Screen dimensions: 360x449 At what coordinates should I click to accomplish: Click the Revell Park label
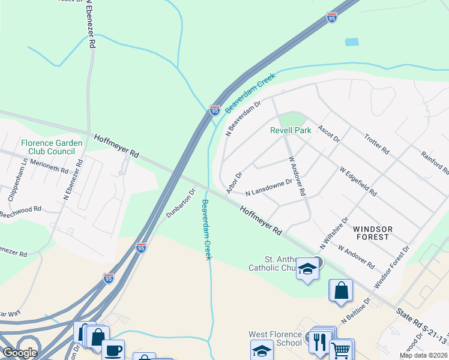(x=291, y=130)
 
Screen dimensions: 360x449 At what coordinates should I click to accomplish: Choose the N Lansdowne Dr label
(x=269, y=187)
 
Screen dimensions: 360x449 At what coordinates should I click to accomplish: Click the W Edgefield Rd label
(x=358, y=182)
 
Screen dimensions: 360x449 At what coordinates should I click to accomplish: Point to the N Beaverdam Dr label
(x=243, y=119)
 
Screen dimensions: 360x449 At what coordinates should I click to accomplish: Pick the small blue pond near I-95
(x=352, y=42)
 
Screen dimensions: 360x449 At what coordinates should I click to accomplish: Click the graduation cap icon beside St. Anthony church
(x=307, y=269)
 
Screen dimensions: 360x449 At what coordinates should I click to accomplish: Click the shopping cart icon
(x=341, y=349)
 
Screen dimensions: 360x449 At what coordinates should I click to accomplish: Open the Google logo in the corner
(x=19, y=352)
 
